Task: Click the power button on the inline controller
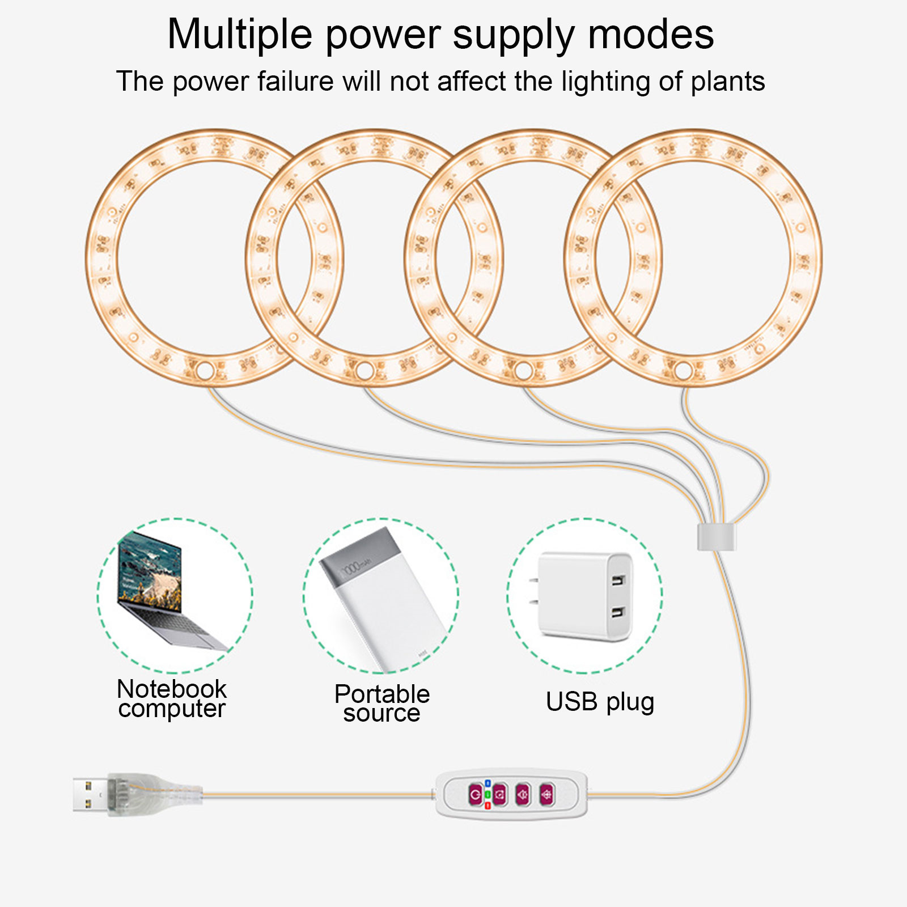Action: (x=475, y=795)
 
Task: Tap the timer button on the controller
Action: (x=499, y=795)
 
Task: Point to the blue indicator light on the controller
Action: (x=488, y=783)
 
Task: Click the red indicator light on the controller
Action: (x=488, y=806)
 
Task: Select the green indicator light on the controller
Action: (x=488, y=795)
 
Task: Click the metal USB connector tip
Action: (x=90, y=795)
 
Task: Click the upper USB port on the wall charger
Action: (x=617, y=580)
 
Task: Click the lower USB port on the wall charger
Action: (x=617, y=613)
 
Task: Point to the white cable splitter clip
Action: (x=716, y=537)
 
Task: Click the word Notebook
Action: (x=172, y=689)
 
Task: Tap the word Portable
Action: (x=382, y=694)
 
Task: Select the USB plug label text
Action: (x=600, y=702)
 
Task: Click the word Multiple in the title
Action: (x=240, y=35)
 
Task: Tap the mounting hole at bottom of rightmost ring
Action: (x=684, y=371)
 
